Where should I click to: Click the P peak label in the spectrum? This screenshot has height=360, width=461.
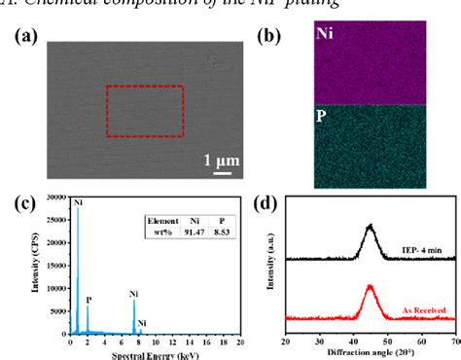click(89, 273)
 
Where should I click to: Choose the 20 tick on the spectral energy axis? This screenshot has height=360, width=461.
click(240, 343)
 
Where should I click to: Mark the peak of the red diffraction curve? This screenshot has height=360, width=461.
click(371, 286)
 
